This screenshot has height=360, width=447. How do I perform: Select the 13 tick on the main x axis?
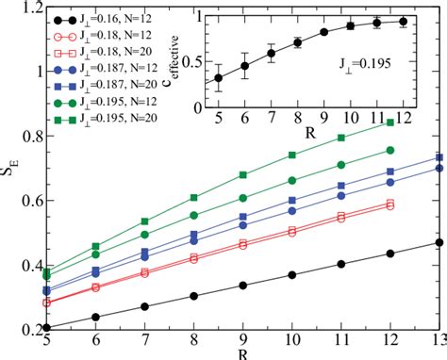coord(438,342)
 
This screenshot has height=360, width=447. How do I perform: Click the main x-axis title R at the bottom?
coord(243,354)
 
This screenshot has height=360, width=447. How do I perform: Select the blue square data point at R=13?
coord(439,157)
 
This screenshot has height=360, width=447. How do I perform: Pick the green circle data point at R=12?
coord(390,150)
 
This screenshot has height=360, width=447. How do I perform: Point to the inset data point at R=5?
coord(219,77)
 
